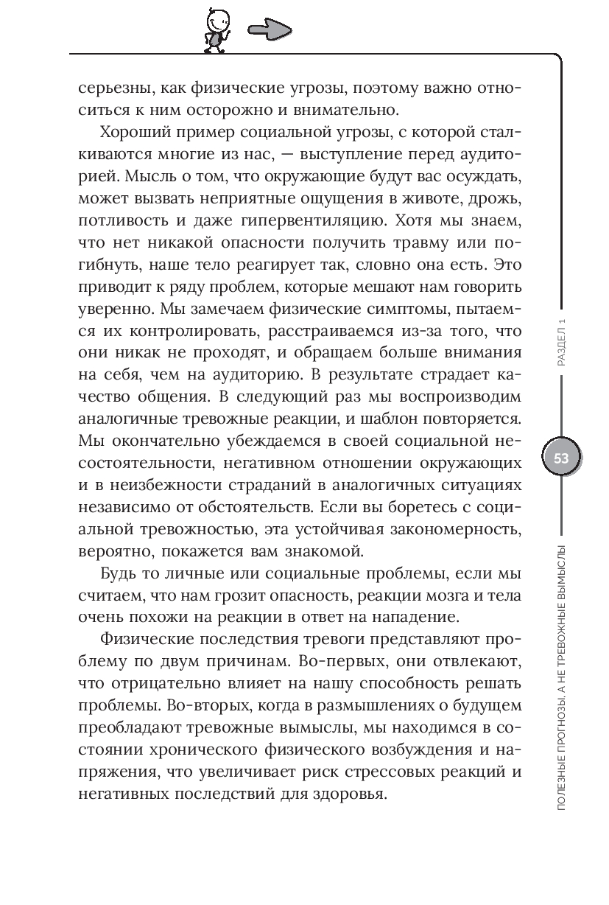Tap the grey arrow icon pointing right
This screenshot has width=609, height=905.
pos(269,30)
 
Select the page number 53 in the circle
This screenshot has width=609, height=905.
pos(561,458)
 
